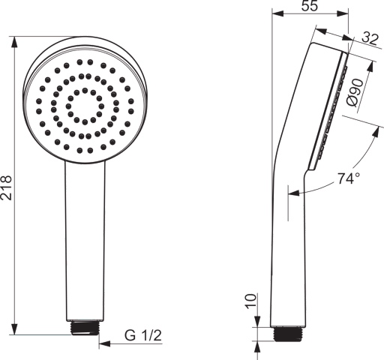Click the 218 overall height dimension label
click(6, 187)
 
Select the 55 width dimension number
click(310, 6)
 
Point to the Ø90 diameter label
click(355, 93)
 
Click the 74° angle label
click(349, 178)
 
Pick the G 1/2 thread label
click(143, 335)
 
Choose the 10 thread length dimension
click(250, 301)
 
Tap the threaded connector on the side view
click(287, 334)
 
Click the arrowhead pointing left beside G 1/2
click(104, 343)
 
